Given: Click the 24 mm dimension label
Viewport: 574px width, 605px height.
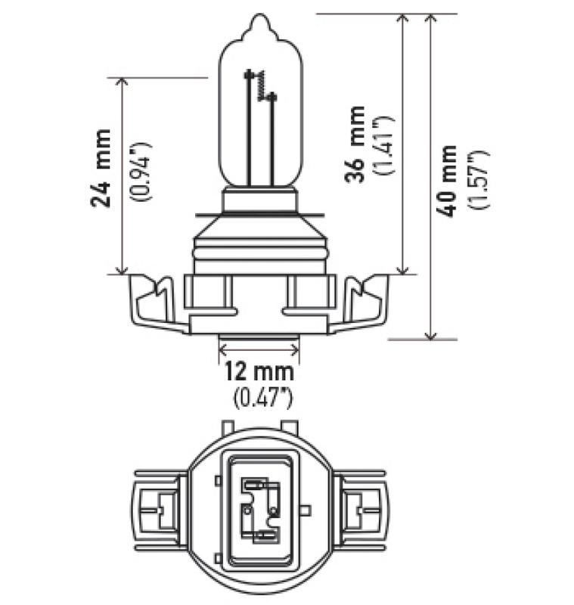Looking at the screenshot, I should click(x=101, y=168).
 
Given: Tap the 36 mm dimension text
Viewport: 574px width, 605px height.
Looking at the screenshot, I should click(x=355, y=144).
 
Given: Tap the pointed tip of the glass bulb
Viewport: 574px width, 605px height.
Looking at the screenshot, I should click(x=259, y=19).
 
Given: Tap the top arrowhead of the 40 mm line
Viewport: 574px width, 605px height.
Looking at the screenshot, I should click(x=431, y=20).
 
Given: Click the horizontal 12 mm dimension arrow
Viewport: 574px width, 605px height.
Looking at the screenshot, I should click(x=259, y=349).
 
